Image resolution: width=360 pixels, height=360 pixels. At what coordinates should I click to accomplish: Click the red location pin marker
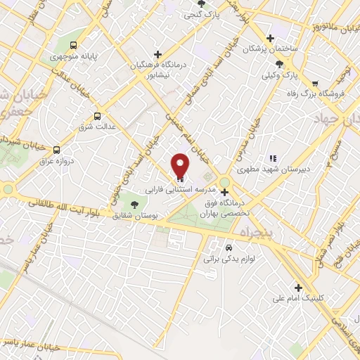pyautogui.click(x=181, y=166)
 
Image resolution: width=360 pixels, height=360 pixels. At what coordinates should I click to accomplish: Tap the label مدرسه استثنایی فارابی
pyautogui.click(x=173, y=190)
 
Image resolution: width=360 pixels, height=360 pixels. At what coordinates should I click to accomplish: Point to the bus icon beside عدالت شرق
pyautogui.click(x=97, y=117)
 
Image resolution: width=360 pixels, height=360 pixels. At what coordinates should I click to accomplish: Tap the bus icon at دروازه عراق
pyautogui.click(x=58, y=149)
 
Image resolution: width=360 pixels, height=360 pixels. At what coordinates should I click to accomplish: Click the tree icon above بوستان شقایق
pyautogui.click(x=134, y=205)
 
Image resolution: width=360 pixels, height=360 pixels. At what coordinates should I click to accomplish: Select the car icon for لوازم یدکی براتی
pyautogui.click(x=229, y=248)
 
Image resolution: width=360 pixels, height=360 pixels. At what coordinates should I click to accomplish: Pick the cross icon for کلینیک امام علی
pyautogui.click(x=300, y=287)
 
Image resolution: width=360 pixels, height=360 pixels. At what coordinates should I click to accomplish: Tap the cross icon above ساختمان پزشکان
pyautogui.click(x=270, y=39)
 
